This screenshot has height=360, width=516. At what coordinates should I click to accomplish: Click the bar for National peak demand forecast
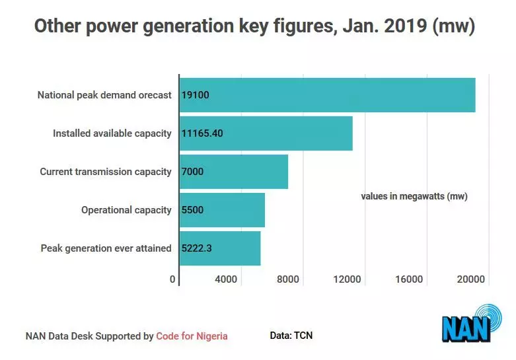pyautogui.click(x=327, y=94)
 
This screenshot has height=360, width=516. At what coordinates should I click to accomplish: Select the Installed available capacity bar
pyautogui.click(x=266, y=133)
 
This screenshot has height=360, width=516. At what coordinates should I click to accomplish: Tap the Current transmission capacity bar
pyautogui.click(x=233, y=172)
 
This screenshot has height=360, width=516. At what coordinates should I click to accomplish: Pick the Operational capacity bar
pyautogui.click(x=222, y=210)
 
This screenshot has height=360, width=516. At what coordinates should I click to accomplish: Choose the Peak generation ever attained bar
pyautogui.click(x=220, y=248)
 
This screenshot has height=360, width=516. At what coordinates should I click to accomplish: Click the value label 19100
pyautogui.click(x=195, y=95)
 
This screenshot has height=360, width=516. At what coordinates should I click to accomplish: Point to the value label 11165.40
pyautogui.click(x=202, y=133)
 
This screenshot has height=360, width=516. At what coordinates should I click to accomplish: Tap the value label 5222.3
pyautogui.click(x=197, y=248)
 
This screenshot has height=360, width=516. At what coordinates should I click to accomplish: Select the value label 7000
pyautogui.click(x=192, y=172)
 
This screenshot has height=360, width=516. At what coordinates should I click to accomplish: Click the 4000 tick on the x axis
pyautogui.click(x=226, y=279)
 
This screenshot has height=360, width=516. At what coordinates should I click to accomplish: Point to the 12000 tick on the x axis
pyautogui.click(x=347, y=279)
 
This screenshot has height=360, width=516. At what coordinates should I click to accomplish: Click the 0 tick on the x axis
pyautogui.click(x=173, y=279)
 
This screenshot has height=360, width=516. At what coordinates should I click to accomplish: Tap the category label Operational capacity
pyautogui.click(x=126, y=210)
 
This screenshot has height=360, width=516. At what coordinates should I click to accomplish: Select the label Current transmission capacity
pyautogui.click(x=106, y=172)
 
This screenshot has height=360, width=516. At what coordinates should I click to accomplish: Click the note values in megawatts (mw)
pyautogui.click(x=414, y=196)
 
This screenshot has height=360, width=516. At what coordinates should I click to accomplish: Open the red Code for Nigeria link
pyautogui.click(x=192, y=336)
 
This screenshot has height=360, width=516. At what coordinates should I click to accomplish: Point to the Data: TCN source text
pyautogui.click(x=291, y=336)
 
